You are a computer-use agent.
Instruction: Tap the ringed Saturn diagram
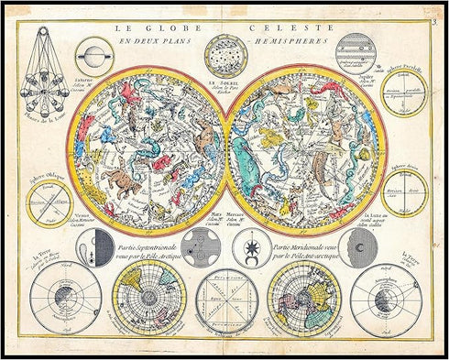point(93,57)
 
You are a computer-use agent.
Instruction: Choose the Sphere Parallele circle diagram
point(402,92)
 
